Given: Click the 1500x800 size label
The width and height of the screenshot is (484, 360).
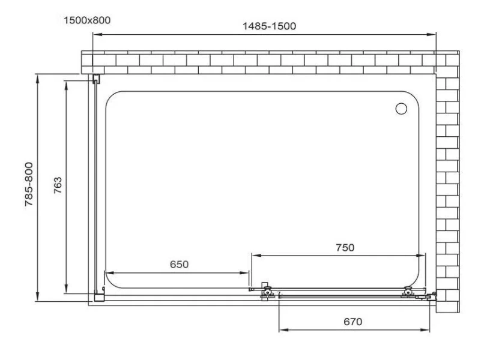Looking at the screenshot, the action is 87,20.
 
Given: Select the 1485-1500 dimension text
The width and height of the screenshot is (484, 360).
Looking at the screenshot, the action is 269,26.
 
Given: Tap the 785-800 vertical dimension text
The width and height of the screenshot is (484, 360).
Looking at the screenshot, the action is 29,184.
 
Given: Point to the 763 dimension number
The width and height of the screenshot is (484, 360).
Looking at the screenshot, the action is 58,185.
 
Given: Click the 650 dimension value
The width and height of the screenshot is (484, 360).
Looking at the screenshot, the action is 179,265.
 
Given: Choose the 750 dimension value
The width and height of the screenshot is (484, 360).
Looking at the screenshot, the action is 345,247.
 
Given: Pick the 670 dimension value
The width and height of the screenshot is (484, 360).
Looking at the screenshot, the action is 353,322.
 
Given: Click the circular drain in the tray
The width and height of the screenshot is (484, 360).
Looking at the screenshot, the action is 401,109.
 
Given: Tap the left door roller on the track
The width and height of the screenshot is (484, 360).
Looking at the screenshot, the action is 267,291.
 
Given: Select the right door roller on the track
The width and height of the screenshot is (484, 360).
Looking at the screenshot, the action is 408,292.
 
